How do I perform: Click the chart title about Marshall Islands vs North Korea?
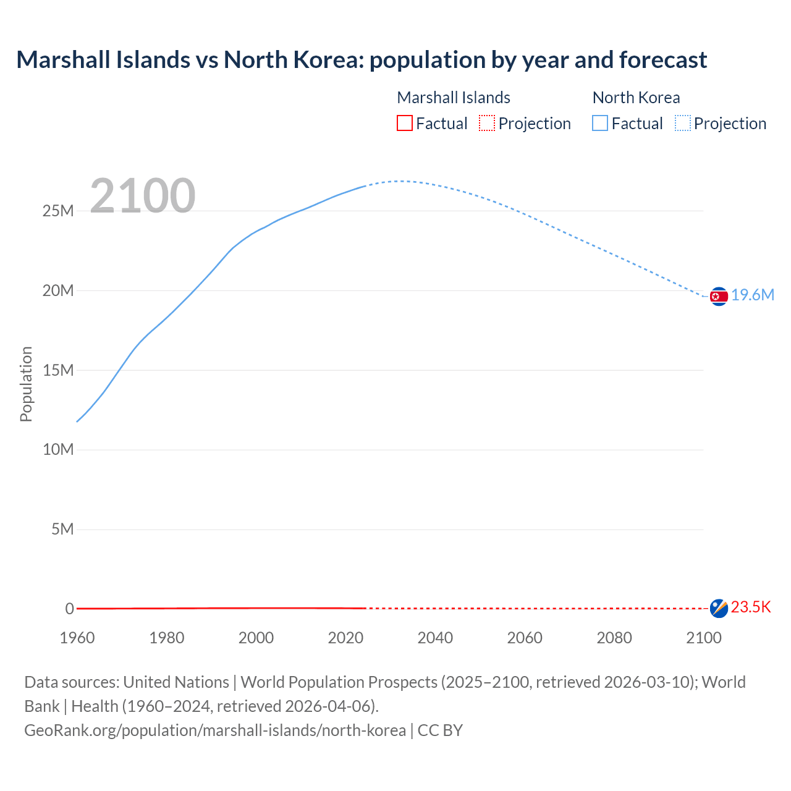(362, 60)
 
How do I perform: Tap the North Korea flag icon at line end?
(719, 297)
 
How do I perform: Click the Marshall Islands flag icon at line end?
(719, 608)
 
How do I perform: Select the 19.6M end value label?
(753, 295)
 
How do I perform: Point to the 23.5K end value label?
(751, 607)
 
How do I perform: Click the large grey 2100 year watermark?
(143, 196)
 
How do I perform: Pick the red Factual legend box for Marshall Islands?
(405, 124)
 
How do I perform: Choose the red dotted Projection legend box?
(487, 124)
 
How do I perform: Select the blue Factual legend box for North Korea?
(600, 124)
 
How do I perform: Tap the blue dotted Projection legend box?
(682, 124)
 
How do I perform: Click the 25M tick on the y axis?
(58, 211)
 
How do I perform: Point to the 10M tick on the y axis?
(58, 450)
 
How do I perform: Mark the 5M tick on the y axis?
(62, 530)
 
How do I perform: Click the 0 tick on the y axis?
(70, 609)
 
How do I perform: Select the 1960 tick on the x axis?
(77, 638)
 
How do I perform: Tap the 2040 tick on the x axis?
(435, 638)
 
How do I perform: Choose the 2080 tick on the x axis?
(614, 638)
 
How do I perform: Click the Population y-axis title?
(26, 384)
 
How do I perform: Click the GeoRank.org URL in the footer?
(215, 730)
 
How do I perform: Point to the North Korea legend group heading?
(636, 98)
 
